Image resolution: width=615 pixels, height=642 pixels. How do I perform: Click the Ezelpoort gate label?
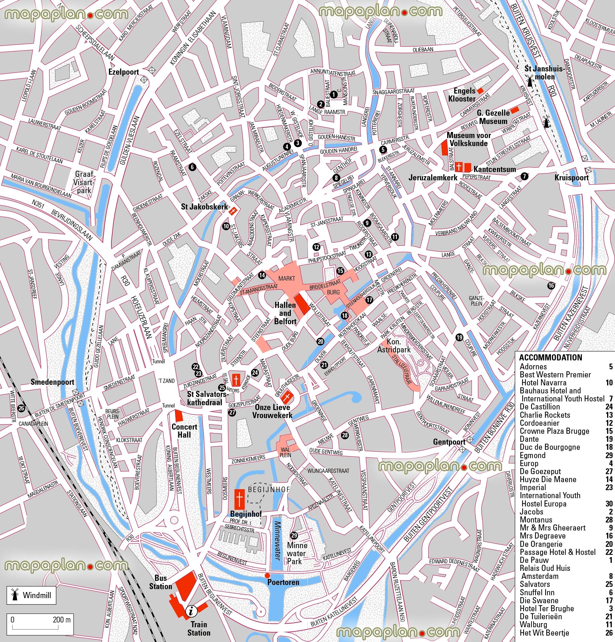(x=124, y=72)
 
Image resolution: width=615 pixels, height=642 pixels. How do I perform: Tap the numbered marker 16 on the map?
(x=551, y=286)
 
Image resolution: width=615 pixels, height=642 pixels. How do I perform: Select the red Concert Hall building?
(x=179, y=415)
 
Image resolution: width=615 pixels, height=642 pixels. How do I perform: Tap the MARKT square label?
(x=287, y=278)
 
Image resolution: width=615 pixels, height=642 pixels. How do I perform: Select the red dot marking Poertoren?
(x=267, y=575)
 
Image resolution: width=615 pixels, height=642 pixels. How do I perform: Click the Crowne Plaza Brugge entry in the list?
(x=554, y=431)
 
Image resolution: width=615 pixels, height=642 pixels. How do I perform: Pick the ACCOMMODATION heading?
(x=551, y=357)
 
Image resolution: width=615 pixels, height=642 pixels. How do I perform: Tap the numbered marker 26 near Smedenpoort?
(x=21, y=408)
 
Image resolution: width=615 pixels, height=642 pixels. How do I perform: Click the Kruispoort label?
(x=571, y=178)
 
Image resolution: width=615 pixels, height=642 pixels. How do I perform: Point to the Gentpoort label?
(x=449, y=442)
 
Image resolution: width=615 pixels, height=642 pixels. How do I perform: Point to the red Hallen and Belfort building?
(x=301, y=304)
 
